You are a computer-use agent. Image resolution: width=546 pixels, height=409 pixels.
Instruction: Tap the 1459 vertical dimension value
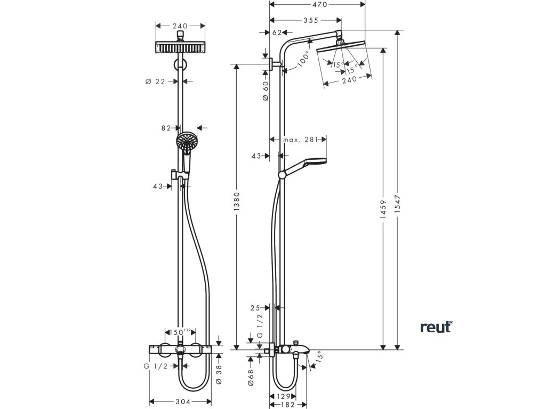click(383, 209)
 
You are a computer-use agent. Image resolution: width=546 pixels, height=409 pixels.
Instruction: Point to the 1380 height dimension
click(237, 202)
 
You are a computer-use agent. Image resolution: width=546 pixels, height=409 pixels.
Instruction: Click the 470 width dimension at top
click(320, 4)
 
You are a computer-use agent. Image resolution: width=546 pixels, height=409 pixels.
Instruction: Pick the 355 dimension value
click(311, 21)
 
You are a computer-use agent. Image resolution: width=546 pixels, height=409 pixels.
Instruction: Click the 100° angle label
click(303, 59)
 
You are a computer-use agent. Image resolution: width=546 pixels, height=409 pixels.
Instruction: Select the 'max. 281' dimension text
click(300, 140)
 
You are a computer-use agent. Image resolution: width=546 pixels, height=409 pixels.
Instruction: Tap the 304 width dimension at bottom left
click(183, 402)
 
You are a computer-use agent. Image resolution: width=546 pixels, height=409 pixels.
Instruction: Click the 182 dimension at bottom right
click(287, 405)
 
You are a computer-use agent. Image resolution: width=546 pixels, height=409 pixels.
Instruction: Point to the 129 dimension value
click(283, 396)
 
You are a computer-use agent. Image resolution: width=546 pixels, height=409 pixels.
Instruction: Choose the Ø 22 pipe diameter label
click(155, 81)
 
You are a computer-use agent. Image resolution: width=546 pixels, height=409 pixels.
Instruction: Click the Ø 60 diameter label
click(266, 91)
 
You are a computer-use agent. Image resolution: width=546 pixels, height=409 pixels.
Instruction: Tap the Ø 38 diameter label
click(219, 375)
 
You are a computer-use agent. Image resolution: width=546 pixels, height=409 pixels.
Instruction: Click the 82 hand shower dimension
click(166, 128)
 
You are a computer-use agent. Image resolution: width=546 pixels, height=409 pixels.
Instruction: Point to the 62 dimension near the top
click(277, 32)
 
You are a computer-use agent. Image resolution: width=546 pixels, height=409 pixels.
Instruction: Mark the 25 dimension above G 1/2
click(255, 308)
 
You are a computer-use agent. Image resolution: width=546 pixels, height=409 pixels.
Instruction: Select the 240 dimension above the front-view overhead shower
click(180, 26)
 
